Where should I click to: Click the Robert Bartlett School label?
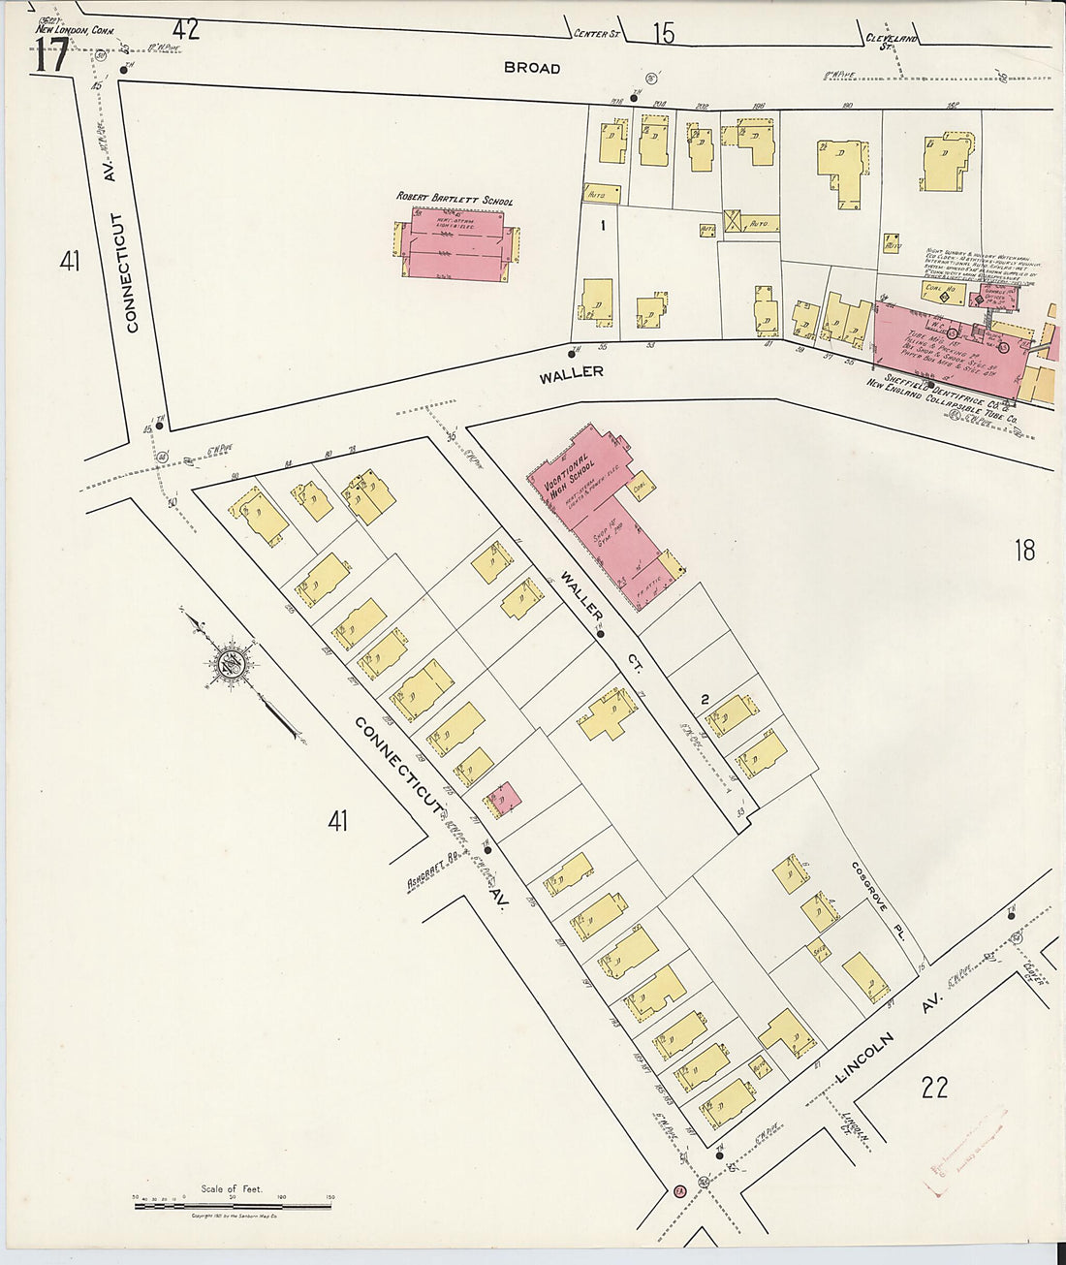[x=455, y=200]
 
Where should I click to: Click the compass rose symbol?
[x=231, y=664]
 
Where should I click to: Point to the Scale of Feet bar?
[x=233, y=1205]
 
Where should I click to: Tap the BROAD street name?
[x=531, y=68]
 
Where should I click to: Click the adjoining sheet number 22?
[x=934, y=1088]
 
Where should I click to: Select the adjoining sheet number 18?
[x=1024, y=551]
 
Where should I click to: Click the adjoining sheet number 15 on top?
[x=663, y=34]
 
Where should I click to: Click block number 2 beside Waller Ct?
[x=705, y=698]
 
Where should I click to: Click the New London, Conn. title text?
[x=75, y=29]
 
